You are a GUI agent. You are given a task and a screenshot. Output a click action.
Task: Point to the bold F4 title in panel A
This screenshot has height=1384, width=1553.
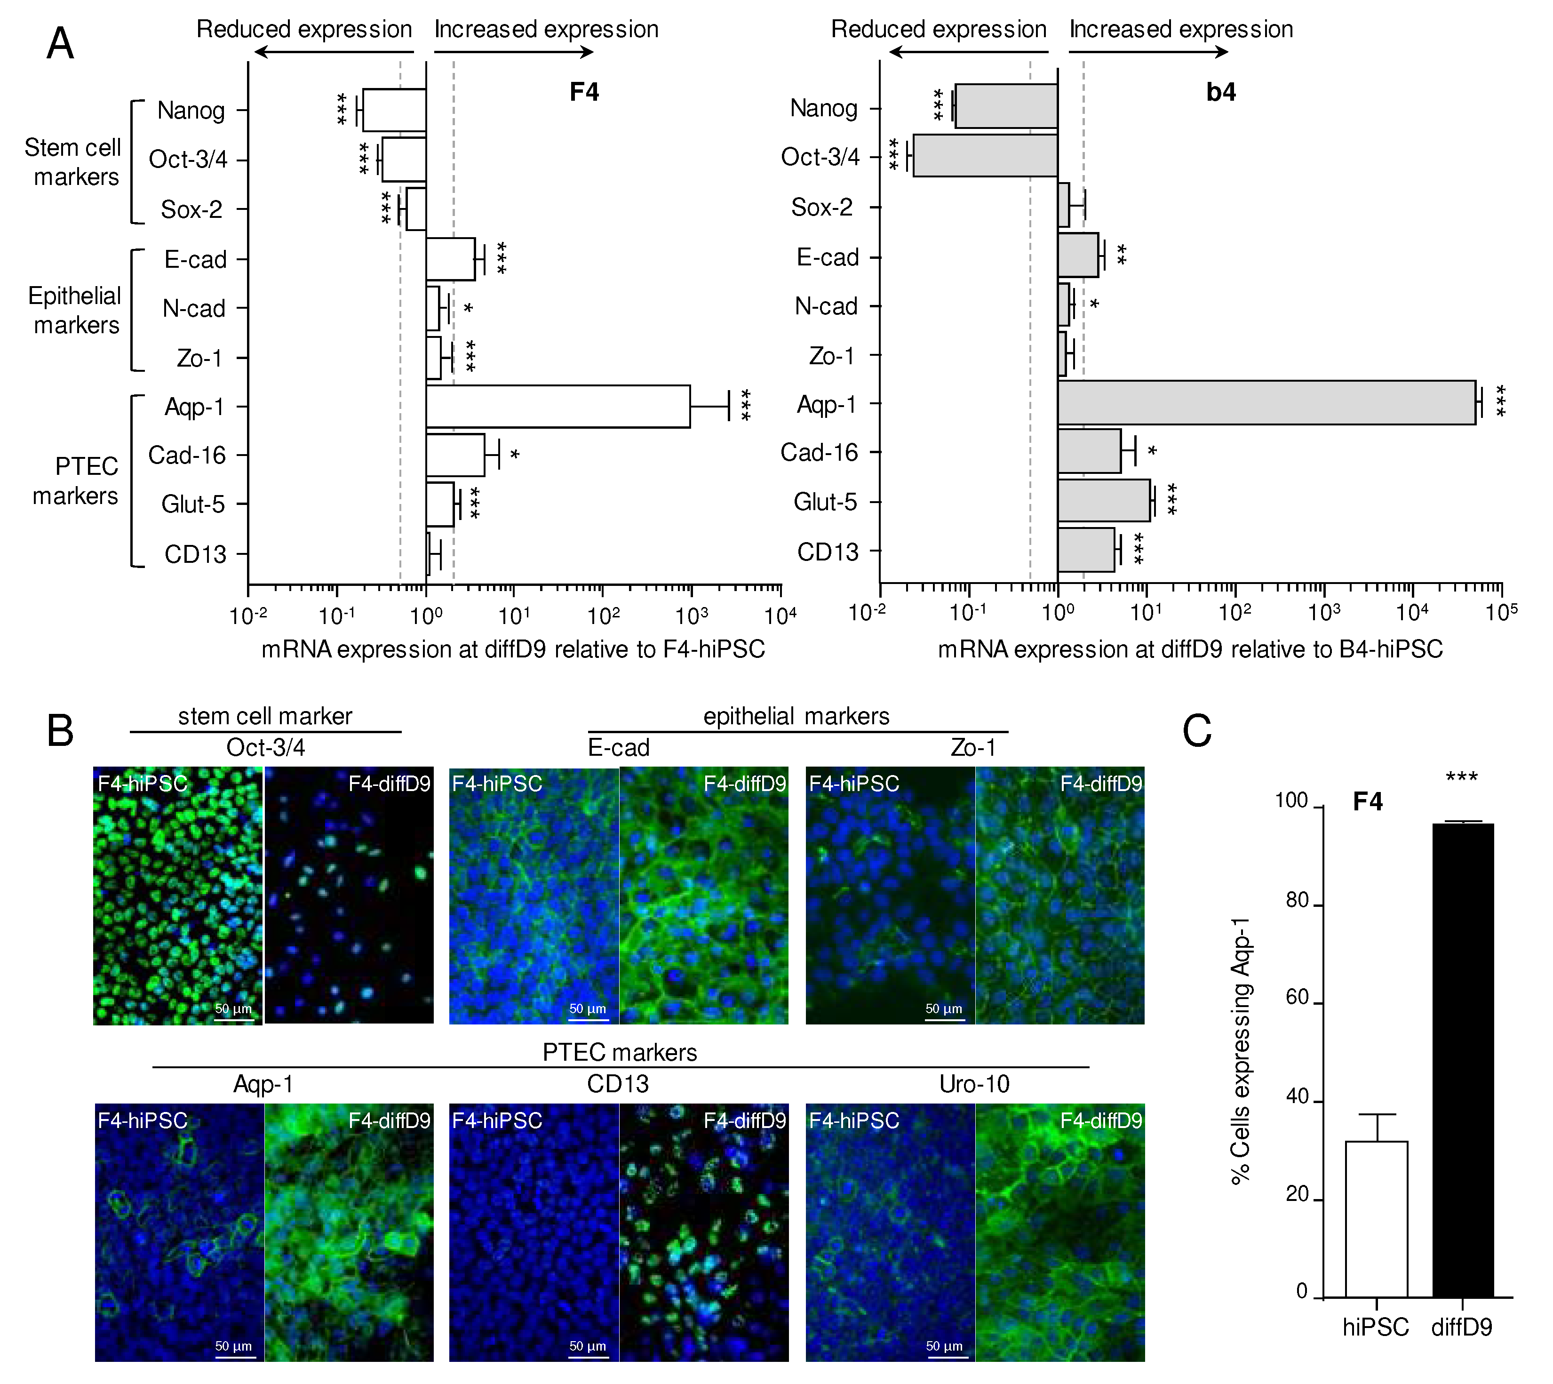[x=584, y=92]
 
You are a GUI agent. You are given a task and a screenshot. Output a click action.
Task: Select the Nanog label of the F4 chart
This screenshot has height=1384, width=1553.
[x=191, y=111]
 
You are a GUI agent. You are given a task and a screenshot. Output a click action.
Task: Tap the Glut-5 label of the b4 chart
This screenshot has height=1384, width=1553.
[x=825, y=502]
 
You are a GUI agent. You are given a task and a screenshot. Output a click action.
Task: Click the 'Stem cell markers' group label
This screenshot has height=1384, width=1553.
[x=74, y=162]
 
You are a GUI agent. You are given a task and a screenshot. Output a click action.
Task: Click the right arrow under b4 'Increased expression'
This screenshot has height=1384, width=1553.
[x=1148, y=52]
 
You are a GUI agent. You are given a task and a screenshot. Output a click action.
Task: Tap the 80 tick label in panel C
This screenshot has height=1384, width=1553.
[x=1296, y=900]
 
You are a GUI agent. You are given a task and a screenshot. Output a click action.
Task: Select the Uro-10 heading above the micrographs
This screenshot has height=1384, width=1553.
[x=974, y=1084]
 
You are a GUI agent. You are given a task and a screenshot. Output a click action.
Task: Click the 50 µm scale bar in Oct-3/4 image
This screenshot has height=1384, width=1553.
[x=233, y=1018]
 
